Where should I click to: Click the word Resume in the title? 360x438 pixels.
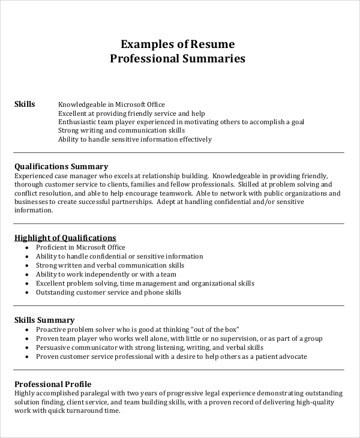213,44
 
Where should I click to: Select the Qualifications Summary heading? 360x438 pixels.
61,166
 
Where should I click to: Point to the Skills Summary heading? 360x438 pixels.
44,320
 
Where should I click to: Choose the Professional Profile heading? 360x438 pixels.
53,384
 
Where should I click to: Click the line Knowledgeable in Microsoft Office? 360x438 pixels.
111,104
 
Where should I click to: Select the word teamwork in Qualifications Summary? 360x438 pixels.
175,194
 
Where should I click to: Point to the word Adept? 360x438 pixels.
167,202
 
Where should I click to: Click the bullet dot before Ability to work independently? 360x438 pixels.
28,274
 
